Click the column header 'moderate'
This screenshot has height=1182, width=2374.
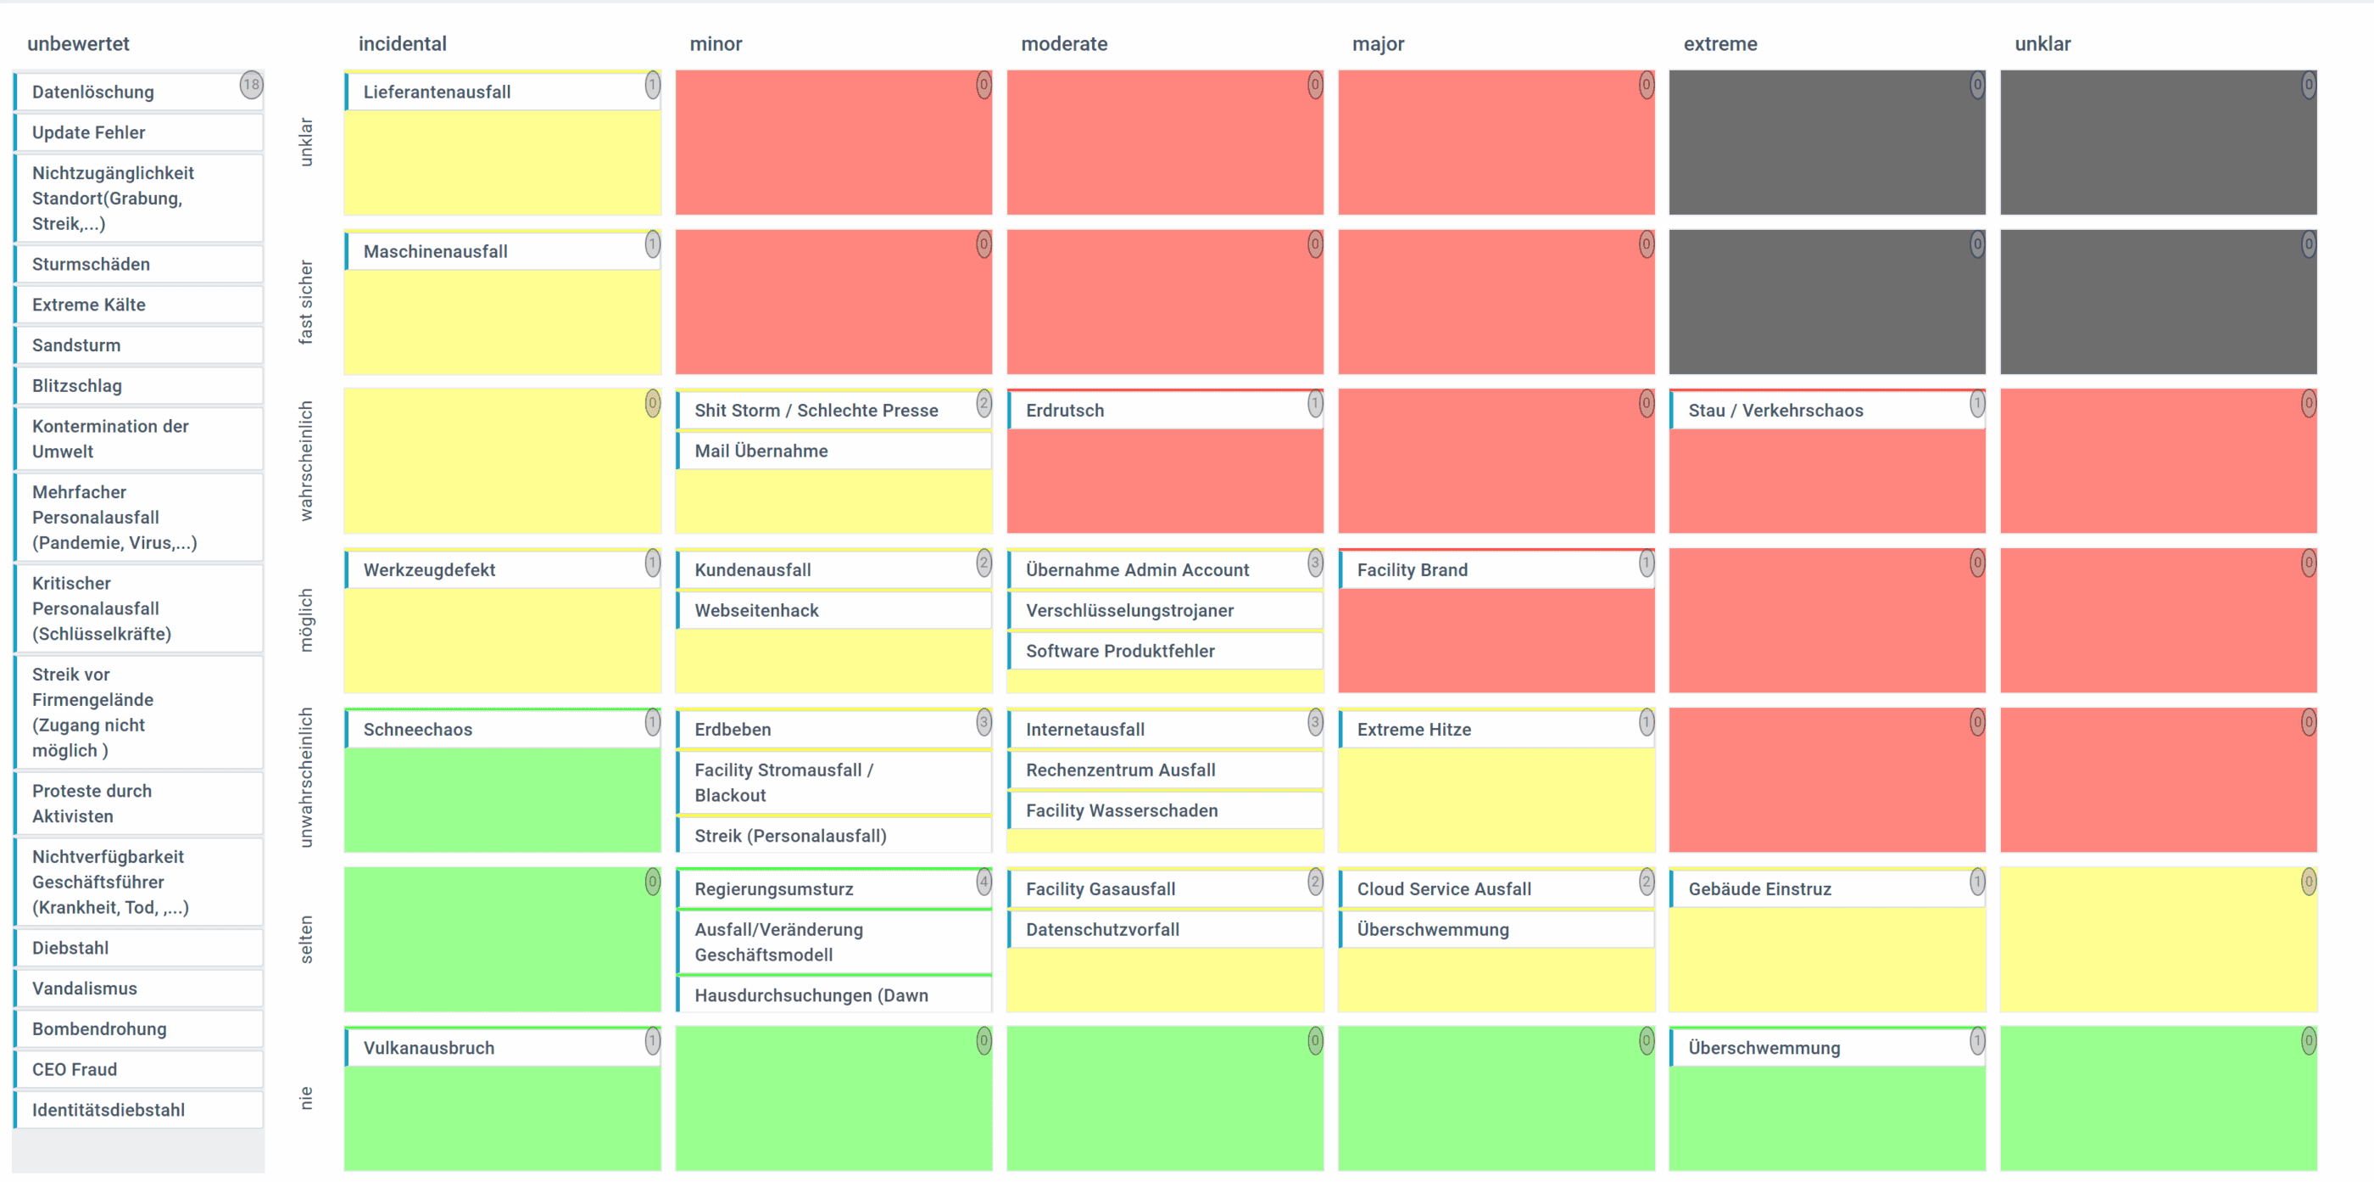[1063, 44]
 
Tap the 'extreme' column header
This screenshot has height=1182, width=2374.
[1719, 44]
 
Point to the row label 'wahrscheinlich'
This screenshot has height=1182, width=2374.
[306, 461]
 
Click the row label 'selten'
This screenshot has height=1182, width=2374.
[306, 939]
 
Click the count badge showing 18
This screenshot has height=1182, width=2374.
[251, 86]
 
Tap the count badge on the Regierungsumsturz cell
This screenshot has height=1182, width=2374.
[984, 882]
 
